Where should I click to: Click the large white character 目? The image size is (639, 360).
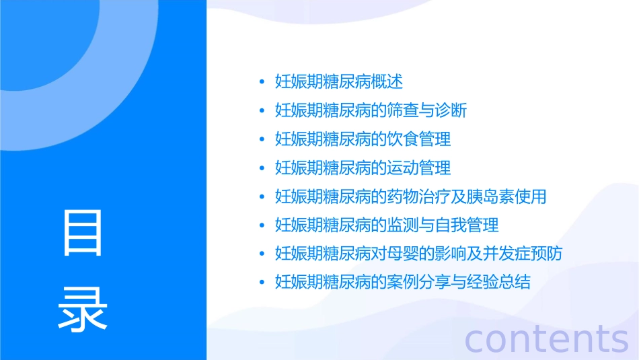[83, 233]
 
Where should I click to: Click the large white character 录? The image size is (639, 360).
[83, 308]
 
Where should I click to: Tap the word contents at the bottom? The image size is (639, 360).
[546, 338]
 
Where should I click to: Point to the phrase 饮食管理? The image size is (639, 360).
[419, 139]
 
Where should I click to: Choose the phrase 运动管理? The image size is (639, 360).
[419, 168]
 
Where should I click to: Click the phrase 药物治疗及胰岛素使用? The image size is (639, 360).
[467, 196]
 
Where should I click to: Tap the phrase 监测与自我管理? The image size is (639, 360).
[443, 225]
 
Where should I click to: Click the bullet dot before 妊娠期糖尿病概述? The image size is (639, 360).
[262, 83]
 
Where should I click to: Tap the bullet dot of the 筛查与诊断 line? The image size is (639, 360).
[262, 111]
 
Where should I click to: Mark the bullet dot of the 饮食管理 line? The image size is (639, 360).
[262, 140]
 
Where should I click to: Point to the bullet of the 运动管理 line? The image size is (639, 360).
[262, 168]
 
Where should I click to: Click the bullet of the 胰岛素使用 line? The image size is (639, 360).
[262, 197]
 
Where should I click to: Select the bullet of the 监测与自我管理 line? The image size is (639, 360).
[262, 225]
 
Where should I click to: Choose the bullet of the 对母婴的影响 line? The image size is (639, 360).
[262, 254]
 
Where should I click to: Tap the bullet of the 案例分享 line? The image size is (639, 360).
[262, 283]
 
